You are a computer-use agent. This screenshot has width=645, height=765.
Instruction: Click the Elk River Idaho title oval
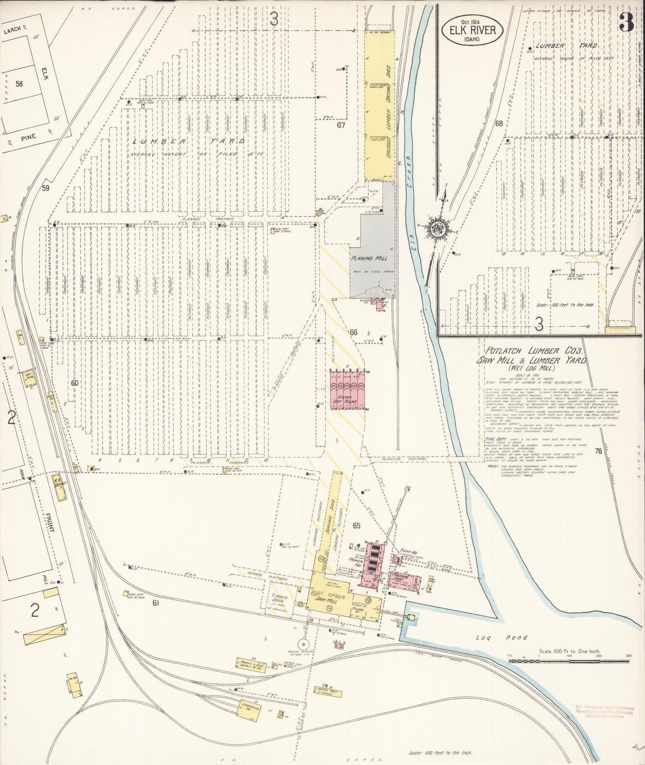[473, 31]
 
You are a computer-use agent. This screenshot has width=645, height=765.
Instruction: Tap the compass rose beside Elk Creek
[435, 228]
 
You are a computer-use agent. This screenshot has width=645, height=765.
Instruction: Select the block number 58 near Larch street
[19, 83]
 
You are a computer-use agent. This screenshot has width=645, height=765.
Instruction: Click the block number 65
[356, 525]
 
